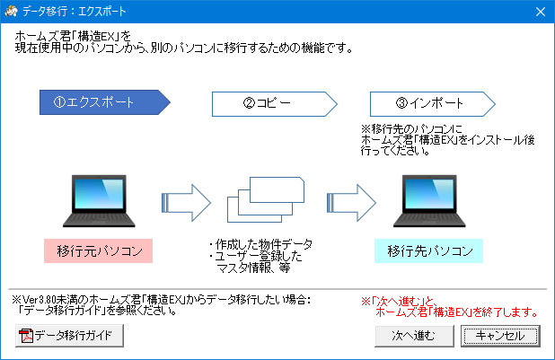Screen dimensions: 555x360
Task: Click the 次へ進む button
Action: [414, 335]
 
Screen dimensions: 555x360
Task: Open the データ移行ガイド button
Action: [69, 335]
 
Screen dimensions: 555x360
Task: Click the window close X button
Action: [540, 12]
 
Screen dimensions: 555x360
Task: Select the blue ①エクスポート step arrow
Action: [105, 102]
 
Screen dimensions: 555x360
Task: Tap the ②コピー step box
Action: [274, 104]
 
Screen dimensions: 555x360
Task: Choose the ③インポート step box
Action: [433, 104]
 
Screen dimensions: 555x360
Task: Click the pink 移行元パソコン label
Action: [99, 250]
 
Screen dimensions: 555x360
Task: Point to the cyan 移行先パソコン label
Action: [429, 250]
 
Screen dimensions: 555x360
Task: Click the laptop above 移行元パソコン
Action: [99, 201]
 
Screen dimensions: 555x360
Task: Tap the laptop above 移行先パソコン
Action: [429, 201]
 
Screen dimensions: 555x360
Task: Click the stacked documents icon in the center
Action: [266, 199]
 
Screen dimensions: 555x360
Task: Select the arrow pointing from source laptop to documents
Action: [186, 203]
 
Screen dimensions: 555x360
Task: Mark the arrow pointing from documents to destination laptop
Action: [351, 203]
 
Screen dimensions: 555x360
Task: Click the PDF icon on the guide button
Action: [26, 336]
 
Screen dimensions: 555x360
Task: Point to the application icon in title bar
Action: [11, 12]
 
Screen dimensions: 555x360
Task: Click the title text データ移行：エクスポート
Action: [75, 12]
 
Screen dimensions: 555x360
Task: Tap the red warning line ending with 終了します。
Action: [456, 312]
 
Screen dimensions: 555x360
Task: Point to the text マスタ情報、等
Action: [254, 268]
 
